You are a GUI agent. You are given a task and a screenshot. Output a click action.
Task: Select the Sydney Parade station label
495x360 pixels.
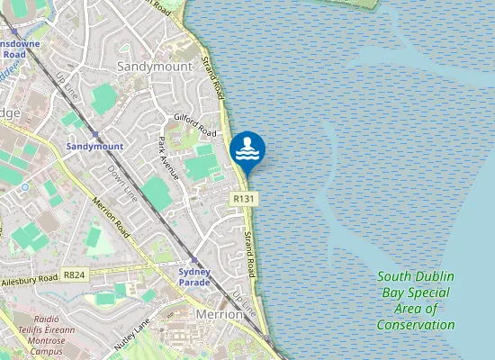[x=194, y=276]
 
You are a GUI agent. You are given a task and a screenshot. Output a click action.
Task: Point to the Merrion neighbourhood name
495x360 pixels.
[x=220, y=315]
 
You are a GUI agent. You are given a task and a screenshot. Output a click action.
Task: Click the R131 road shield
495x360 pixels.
[x=243, y=198]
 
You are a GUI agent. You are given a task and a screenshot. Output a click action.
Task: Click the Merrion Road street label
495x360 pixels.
[x=112, y=218]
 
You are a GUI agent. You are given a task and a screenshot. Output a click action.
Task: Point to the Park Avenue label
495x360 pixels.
[x=169, y=157]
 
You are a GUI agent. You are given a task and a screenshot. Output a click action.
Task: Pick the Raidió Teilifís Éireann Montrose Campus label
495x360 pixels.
[x=40, y=335]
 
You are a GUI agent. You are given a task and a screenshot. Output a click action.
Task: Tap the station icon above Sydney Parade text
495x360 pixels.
[x=193, y=259]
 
